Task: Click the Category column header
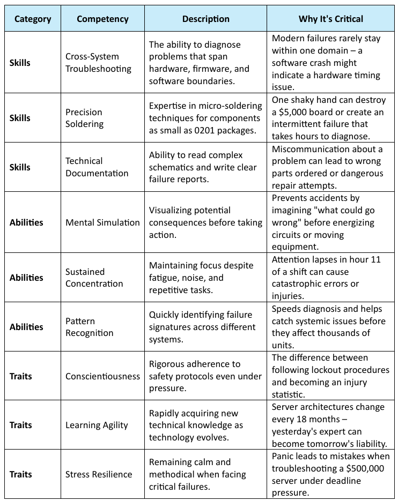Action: point(33,19)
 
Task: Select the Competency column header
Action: point(102,19)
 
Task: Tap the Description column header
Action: point(205,19)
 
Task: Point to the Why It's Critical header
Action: point(330,19)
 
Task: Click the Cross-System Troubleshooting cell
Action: point(98,63)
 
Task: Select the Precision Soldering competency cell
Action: point(84,118)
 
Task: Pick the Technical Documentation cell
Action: point(97,167)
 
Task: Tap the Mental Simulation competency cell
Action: point(102,222)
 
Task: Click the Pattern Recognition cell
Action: point(90,327)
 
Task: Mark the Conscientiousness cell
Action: point(102,376)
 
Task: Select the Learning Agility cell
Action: point(97,425)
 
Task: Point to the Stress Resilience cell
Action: point(99,474)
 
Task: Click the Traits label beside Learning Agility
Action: point(21,425)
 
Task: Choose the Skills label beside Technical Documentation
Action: point(20,167)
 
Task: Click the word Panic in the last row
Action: point(283,456)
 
